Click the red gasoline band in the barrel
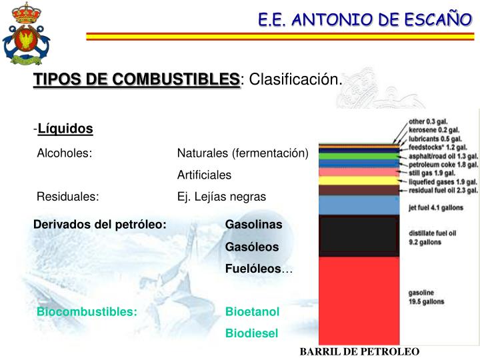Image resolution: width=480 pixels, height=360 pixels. pos(360,300)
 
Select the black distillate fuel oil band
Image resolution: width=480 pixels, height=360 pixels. pos(360,237)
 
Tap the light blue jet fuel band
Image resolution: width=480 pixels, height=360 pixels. pos(360,205)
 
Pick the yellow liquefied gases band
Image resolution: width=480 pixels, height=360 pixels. pos(360,181)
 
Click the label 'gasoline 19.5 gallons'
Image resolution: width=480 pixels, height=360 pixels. pos(427,297)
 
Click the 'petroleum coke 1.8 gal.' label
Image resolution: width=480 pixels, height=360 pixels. pos(443,164)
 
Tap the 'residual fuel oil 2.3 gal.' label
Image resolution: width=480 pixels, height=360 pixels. pos(443,190)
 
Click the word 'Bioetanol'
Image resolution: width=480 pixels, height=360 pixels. pos(253,311)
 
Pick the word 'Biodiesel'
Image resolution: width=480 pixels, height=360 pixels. pos(251,333)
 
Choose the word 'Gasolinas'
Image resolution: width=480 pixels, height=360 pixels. pos(254,225)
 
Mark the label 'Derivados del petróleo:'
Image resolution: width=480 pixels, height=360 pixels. pos(100,225)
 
